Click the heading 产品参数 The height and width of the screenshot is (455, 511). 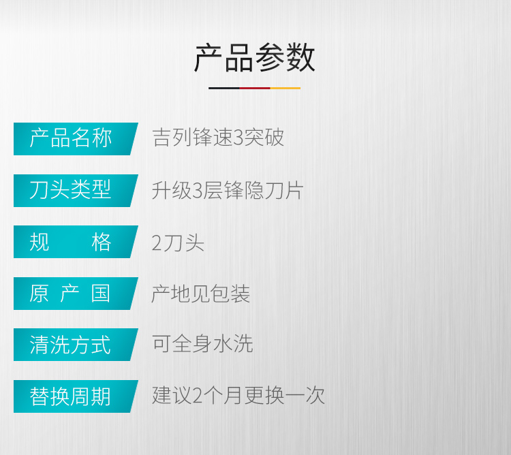coord(255,58)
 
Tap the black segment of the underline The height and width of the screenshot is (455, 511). coord(224,88)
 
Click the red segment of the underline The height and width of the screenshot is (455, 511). coord(255,88)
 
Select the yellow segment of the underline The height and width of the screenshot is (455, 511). coord(285,88)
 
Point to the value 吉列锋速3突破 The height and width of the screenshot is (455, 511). coord(218,137)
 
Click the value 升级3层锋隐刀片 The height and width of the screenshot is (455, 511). coord(228,190)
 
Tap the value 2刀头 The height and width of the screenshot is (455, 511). coord(178,242)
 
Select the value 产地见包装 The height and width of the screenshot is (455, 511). coord(201,294)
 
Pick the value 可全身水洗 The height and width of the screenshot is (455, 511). coord(202,343)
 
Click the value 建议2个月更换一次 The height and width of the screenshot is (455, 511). coord(238,395)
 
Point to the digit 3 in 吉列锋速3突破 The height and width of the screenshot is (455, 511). coord(239,138)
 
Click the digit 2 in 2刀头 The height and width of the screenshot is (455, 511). coord(157,243)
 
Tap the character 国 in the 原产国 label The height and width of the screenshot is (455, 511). coord(101,294)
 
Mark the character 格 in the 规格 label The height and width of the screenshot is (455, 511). coord(102,242)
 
